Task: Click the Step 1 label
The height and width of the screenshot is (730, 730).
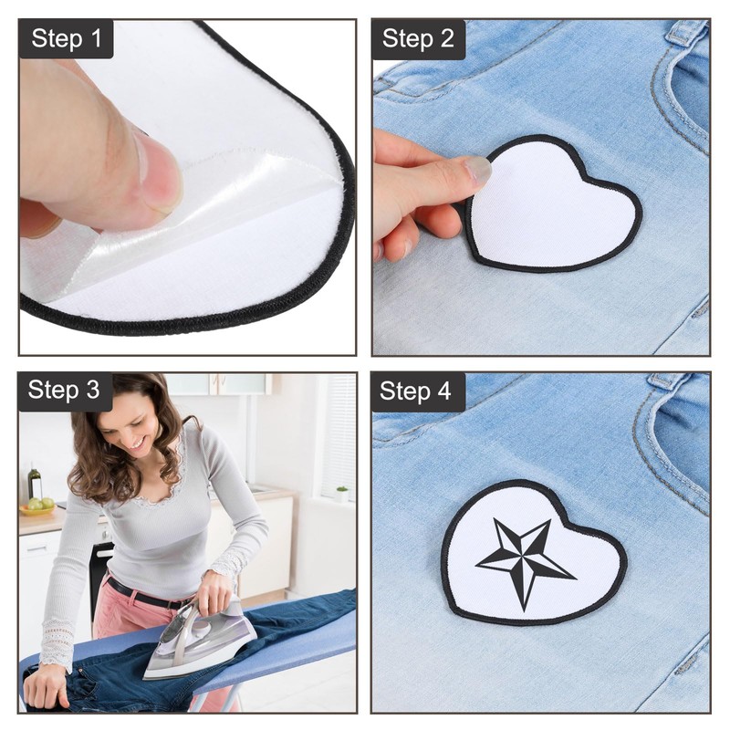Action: pos(67,39)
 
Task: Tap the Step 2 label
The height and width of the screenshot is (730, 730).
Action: pos(418,39)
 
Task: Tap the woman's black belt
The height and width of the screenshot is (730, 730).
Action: pos(146,593)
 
